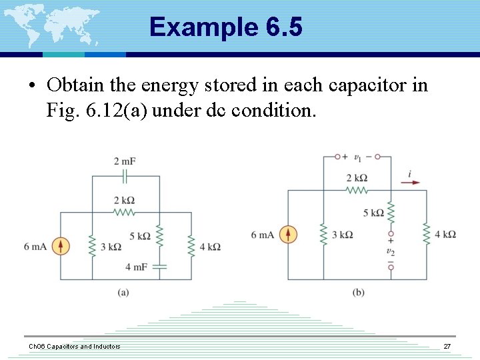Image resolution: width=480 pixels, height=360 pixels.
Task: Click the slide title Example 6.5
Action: [x=226, y=27]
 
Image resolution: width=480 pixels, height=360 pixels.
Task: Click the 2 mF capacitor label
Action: [x=125, y=161]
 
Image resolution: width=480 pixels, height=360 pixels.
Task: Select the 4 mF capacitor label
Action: [x=136, y=267]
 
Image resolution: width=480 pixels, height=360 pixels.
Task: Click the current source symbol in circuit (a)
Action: [x=61, y=246]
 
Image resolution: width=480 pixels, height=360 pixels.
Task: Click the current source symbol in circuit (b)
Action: [x=288, y=235]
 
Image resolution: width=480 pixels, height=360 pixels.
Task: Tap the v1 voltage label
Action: [x=358, y=157]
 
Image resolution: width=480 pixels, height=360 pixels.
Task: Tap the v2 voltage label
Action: [x=391, y=252]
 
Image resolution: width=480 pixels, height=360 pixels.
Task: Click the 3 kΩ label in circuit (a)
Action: [x=111, y=247]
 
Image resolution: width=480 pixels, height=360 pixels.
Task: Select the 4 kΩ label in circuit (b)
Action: [x=445, y=235]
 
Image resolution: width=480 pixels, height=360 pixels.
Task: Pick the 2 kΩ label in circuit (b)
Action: [x=357, y=177]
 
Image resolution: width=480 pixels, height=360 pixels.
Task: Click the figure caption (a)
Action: [x=123, y=292]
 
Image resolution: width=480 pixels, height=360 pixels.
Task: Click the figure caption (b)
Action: [x=359, y=292]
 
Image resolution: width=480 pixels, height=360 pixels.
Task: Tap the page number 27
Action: [x=447, y=347]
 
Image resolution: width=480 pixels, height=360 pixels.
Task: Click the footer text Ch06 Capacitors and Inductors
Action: [x=74, y=347]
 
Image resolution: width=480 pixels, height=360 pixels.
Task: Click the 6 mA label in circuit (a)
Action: [x=35, y=247]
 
